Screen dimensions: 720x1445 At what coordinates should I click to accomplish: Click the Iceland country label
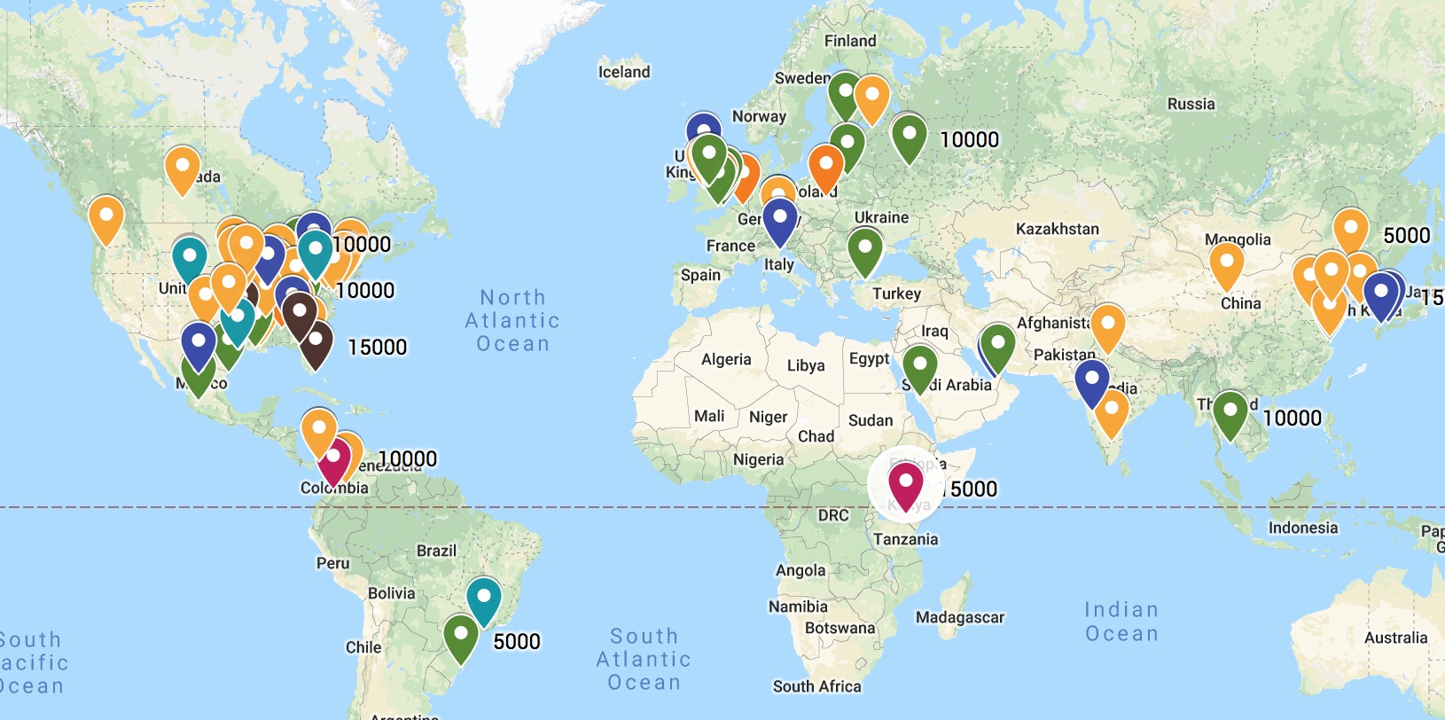[x=623, y=72]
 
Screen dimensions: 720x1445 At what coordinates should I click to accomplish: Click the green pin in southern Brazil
[x=461, y=638]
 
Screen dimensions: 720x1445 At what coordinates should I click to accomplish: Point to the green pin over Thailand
[x=1230, y=413]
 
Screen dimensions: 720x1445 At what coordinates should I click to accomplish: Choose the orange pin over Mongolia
[x=1226, y=264]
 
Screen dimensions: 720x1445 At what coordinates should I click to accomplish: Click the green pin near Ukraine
[x=865, y=250]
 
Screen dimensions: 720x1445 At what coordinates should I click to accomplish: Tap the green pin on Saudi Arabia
[x=919, y=368]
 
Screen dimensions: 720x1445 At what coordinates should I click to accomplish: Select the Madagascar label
[x=960, y=617]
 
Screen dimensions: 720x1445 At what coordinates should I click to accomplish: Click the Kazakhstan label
[x=1057, y=229]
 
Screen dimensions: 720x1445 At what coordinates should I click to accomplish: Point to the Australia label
[x=1395, y=638]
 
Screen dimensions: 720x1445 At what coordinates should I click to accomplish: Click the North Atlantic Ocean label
[x=512, y=321]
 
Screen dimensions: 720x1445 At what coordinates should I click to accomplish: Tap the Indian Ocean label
[x=1121, y=622]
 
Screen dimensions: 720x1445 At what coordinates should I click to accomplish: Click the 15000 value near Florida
[x=377, y=347]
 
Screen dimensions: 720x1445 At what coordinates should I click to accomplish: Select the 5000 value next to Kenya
[x=973, y=489]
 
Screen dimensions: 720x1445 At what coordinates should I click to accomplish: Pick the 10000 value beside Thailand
[x=1292, y=418]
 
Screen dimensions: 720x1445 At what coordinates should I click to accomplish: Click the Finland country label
[x=849, y=41]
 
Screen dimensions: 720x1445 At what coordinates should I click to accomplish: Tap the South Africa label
[x=816, y=685]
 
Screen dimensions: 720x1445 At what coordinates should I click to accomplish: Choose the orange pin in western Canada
[x=105, y=219]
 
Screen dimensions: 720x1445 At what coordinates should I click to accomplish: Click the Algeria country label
[x=726, y=359]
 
